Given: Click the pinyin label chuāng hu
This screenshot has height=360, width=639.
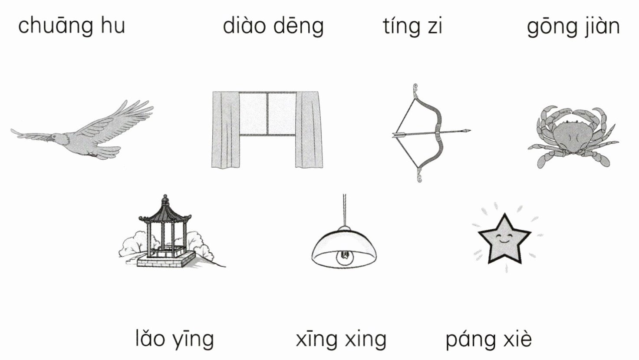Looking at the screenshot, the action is point(72,25).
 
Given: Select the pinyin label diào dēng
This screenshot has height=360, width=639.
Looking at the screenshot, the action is point(273,26).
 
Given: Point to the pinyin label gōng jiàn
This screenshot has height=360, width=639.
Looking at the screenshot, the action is point(573,26).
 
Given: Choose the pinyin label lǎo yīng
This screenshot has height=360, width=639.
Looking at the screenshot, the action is point(175,339).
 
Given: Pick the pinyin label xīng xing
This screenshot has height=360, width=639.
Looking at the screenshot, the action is point(341,339).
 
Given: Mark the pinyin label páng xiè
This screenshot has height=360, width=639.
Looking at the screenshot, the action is point(488,339).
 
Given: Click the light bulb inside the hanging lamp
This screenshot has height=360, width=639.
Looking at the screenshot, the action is point(344,258).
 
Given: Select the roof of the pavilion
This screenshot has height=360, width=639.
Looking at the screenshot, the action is point(165,213).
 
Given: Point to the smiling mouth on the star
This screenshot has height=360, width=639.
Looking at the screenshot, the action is point(505,240).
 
